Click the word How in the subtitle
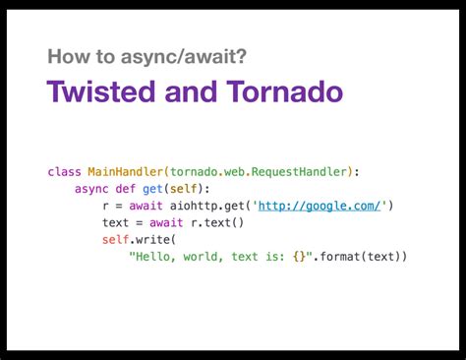tap(69, 56)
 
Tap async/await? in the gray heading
tap(184, 57)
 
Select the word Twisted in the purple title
tap(101, 90)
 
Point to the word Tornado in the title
tap(284, 90)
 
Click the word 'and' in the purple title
tap(191, 90)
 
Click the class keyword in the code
tap(64, 172)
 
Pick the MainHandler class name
tap(125, 172)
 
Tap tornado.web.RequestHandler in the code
tap(259, 172)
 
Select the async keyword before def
tap(91, 189)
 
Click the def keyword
tap(125, 189)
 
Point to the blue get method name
tap(152, 189)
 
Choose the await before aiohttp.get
tap(146, 206)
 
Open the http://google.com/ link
tap(320, 206)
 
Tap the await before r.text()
tap(166, 223)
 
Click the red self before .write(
tap(115, 240)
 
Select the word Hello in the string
tap(152, 257)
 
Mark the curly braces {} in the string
tap(299, 257)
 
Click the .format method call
tap(336, 257)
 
